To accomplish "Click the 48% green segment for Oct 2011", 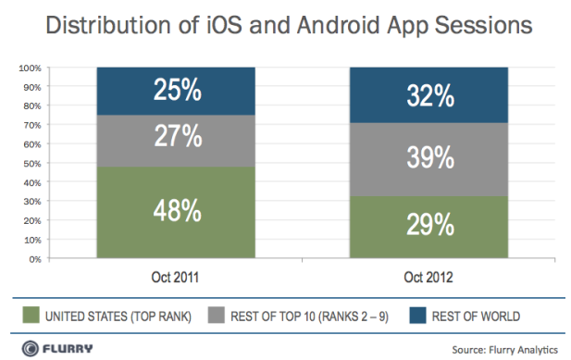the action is [x=176, y=212].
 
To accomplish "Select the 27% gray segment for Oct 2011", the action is [x=176, y=141].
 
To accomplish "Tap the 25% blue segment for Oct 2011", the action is [x=176, y=91].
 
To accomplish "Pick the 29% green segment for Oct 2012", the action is [x=428, y=227].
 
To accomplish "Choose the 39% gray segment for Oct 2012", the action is [x=428, y=159].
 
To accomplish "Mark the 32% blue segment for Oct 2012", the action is [x=428, y=95].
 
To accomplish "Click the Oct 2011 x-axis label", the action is [x=175, y=278].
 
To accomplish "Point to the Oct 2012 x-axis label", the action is [x=428, y=278].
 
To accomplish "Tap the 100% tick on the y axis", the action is [x=31, y=68].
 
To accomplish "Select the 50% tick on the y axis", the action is [x=32, y=164].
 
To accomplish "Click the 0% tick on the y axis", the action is [x=35, y=259].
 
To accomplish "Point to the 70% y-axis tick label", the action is [x=32, y=125].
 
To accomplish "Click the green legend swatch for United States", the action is [x=31, y=315].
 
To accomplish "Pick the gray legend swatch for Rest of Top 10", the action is [x=216, y=315].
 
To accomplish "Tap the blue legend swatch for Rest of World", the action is [x=417, y=315].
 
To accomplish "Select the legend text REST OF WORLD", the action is [x=476, y=317].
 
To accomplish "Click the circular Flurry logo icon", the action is [x=30, y=348].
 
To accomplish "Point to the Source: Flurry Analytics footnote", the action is [x=504, y=350].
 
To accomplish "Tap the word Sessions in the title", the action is [x=484, y=25].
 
